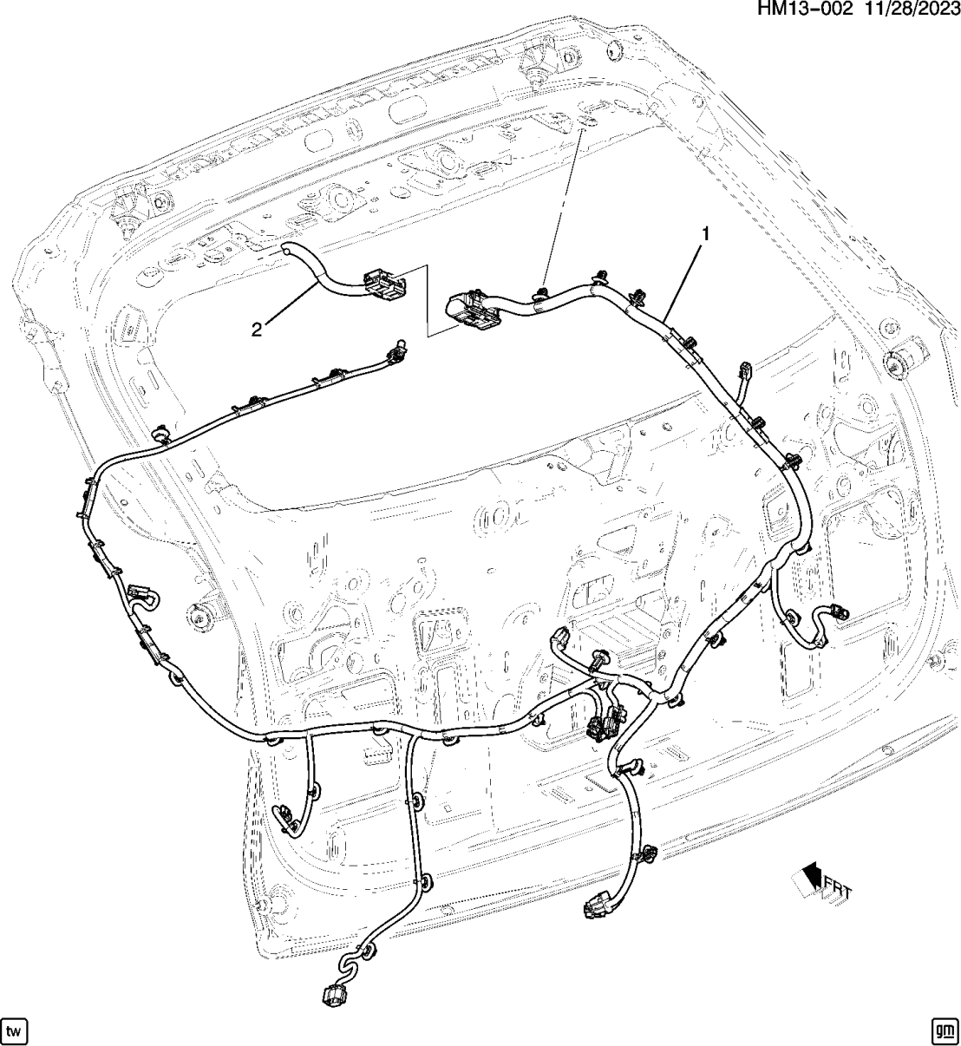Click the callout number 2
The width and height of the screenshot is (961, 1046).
point(257,328)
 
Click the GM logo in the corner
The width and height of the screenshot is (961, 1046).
point(944,1030)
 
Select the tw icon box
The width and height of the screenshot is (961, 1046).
point(15,1030)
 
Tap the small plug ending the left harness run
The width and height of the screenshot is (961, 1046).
point(399,348)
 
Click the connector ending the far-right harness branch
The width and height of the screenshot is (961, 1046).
point(836,611)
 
